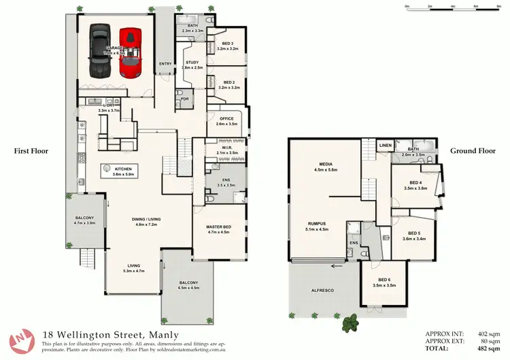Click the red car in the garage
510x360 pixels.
pyautogui.click(x=130, y=52)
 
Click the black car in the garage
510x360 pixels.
pyautogui.click(x=99, y=52)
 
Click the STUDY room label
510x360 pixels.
pyautogui.click(x=192, y=63)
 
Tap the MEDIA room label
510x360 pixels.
pyautogui.click(x=324, y=164)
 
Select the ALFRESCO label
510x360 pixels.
pyautogui.click(x=323, y=291)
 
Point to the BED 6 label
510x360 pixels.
pyautogui.click(x=385, y=280)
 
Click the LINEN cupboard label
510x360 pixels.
pyautogui.click(x=386, y=145)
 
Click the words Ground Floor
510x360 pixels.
pyautogui.click(x=473, y=151)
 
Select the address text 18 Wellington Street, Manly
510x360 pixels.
pyautogui.click(x=110, y=334)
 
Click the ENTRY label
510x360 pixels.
pyautogui.click(x=165, y=64)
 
